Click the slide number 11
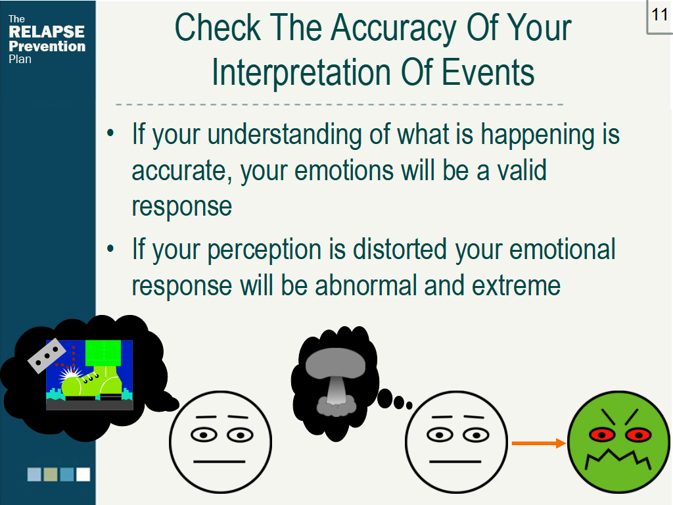[x=660, y=15]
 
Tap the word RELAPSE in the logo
[x=47, y=32]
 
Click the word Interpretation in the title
[x=301, y=72]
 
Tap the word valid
[x=521, y=170]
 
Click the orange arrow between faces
[x=539, y=443]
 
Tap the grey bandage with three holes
[x=47, y=356]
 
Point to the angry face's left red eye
[x=602, y=435]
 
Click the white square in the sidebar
[x=83, y=475]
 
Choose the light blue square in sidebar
[x=34, y=475]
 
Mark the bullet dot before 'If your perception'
[x=110, y=248]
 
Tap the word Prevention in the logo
[x=47, y=47]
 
